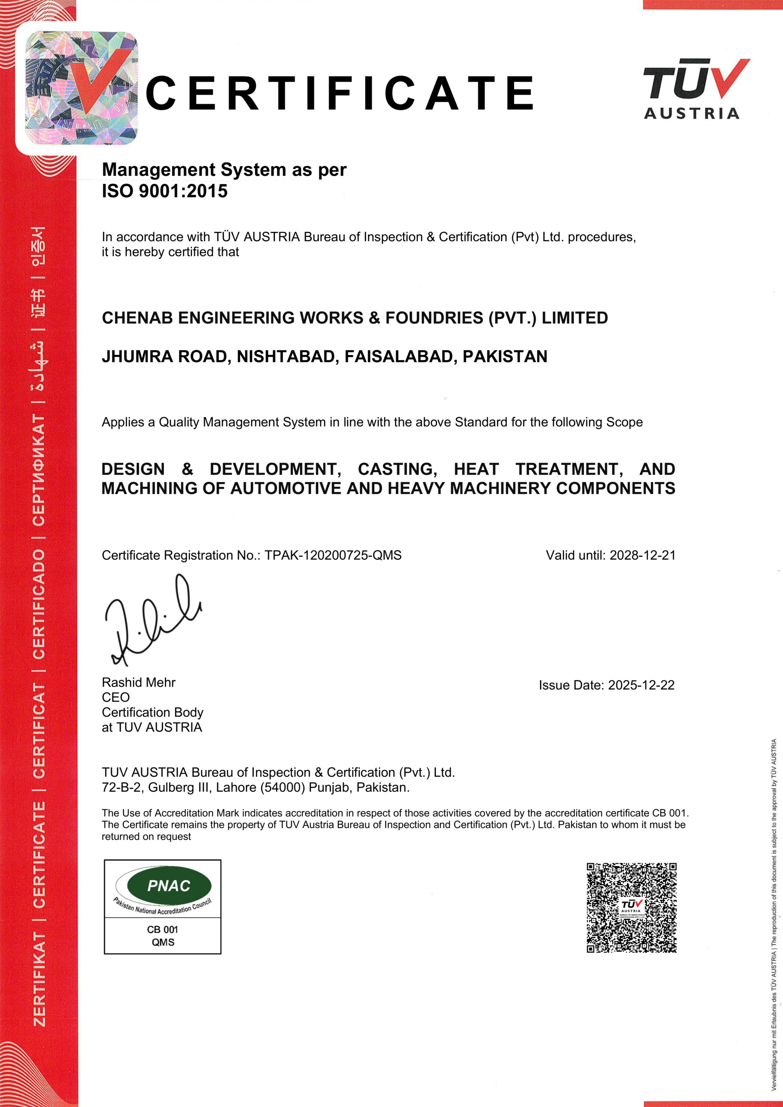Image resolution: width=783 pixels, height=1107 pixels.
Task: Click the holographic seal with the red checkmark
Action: tap(81, 88)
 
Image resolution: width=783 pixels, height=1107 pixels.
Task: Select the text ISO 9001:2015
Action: tap(164, 192)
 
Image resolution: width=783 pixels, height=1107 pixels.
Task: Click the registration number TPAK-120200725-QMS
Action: tap(333, 555)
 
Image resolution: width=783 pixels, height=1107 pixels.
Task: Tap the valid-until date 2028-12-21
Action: tap(642, 555)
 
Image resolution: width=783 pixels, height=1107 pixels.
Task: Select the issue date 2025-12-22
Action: tap(641, 685)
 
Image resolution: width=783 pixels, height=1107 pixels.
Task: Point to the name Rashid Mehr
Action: tap(138, 683)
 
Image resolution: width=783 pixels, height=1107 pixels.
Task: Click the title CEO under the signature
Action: tap(116, 697)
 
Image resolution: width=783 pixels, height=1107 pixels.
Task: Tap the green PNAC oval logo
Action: tap(169, 886)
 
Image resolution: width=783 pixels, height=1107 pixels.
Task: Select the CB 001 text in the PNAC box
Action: tap(163, 930)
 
